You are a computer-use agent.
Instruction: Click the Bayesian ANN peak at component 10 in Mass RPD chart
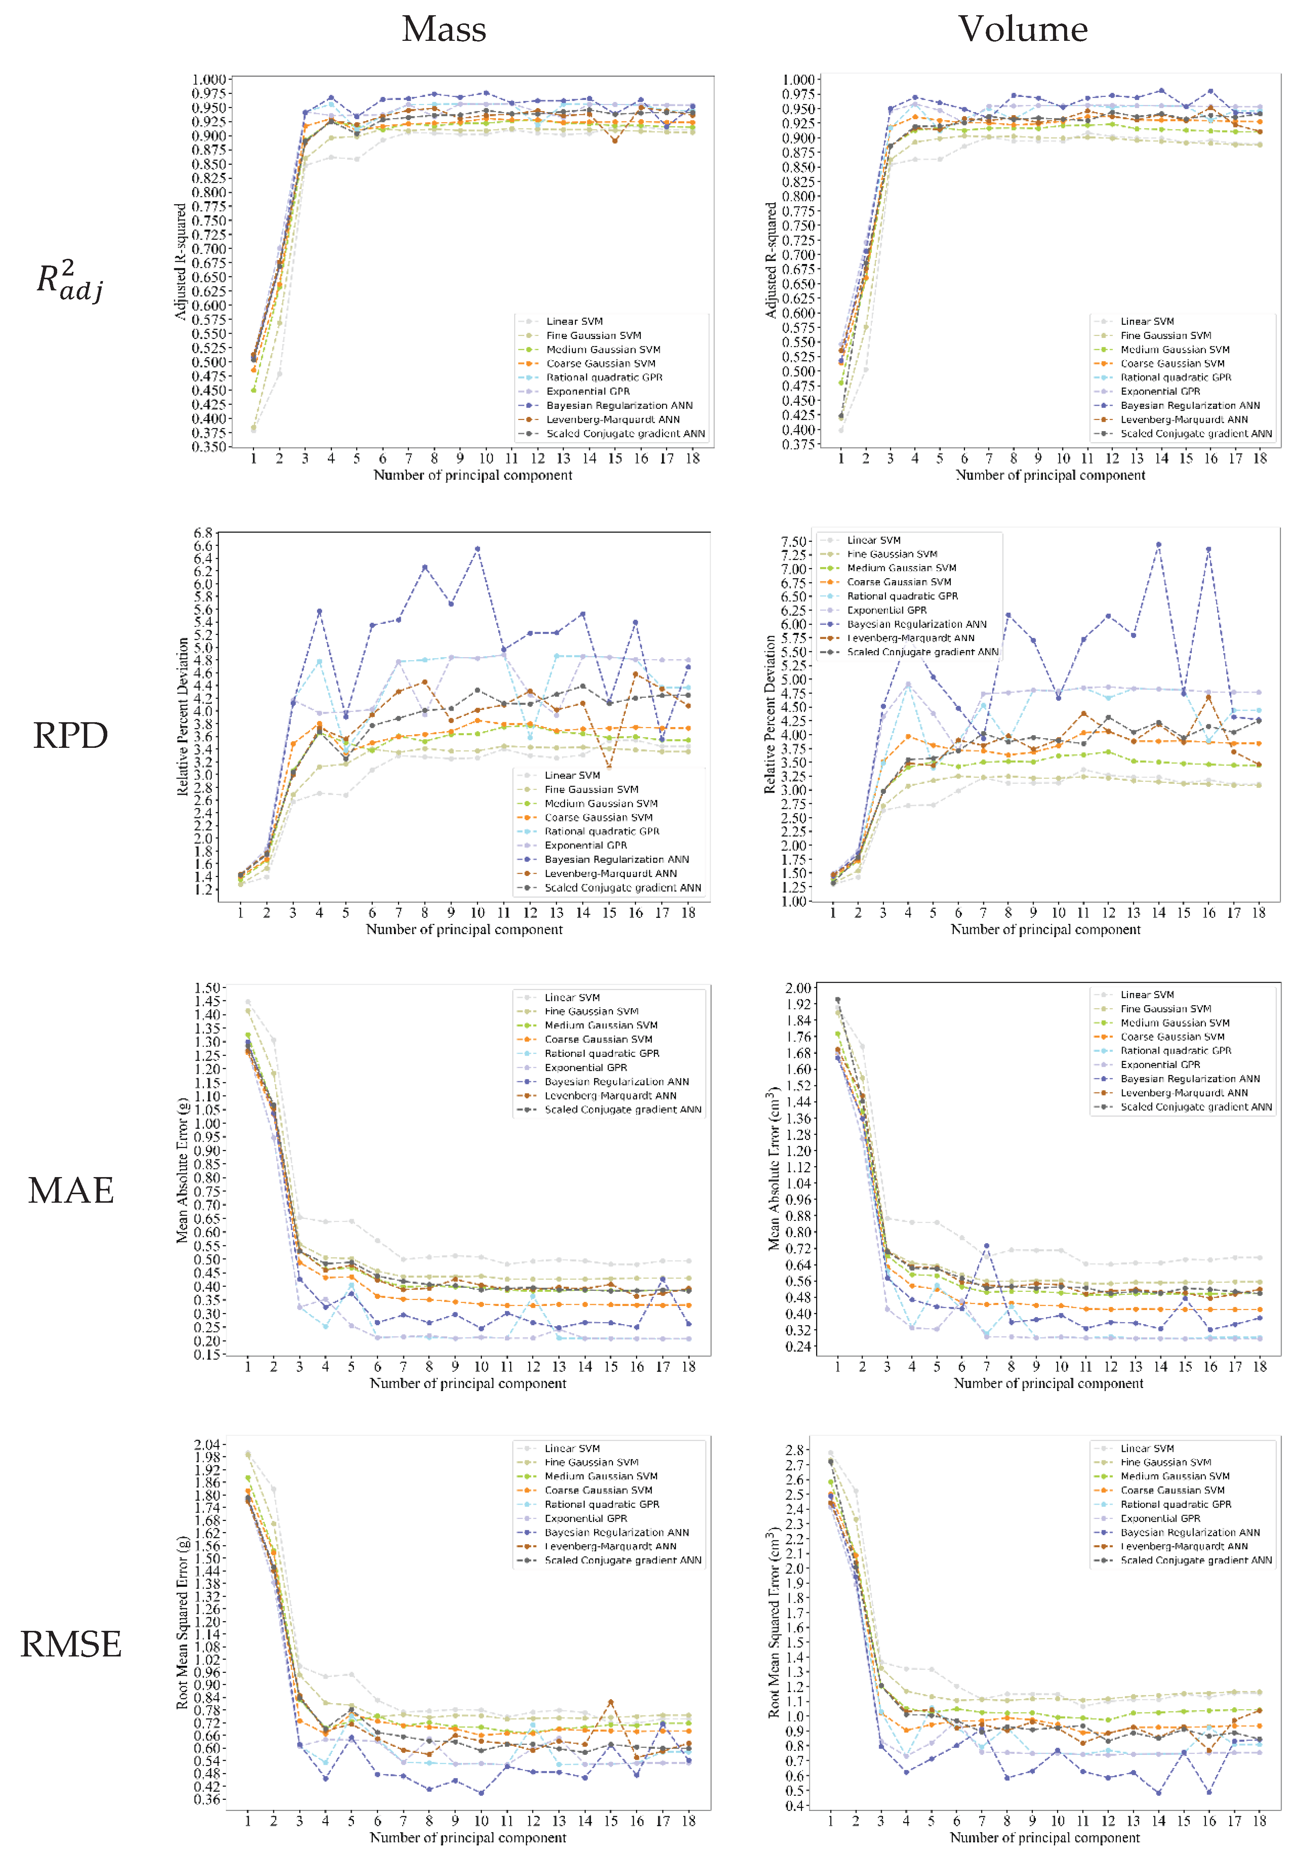(477, 549)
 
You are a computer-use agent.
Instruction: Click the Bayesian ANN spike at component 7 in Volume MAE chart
(986, 1246)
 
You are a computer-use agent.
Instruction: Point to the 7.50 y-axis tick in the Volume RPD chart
(793, 541)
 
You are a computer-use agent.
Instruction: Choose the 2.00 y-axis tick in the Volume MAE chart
(798, 988)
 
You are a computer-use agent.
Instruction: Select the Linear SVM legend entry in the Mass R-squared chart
(574, 321)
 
